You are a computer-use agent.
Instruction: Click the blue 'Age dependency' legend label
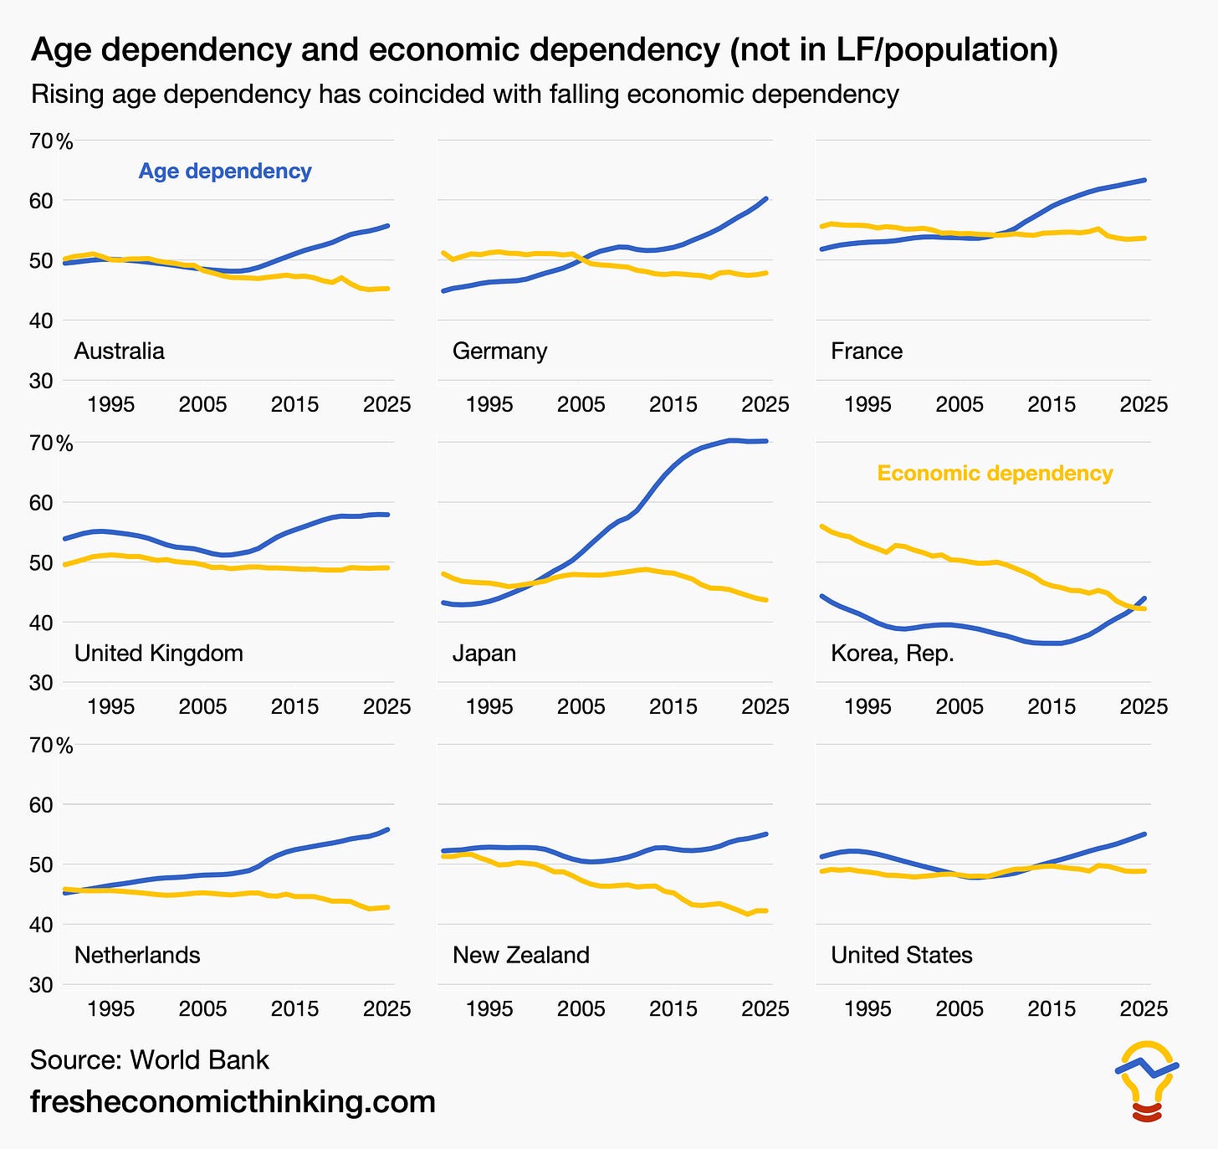[x=225, y=172]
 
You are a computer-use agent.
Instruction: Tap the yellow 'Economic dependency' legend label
[x=995, y=473]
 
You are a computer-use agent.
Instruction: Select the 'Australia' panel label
[x=120, y=351]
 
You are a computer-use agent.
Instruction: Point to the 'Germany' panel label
[x=500, y=351]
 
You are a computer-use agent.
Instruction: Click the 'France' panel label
[x=867, y=351]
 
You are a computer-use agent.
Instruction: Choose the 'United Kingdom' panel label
[x=159, y=653]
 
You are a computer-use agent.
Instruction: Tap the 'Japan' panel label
[x=484, y=654]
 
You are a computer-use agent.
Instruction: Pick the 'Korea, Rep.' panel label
[x=893, y=654]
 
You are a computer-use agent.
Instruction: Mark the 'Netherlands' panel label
[x=137, y=955]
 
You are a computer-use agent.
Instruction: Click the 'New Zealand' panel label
[x=521, y=955]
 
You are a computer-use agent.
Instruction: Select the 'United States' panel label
[x=902, y=955]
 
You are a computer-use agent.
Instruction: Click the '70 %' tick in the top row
[x=51, y=141]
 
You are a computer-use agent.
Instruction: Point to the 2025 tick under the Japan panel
[x=765, y=706]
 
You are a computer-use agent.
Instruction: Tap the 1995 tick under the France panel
[x=867, y=404]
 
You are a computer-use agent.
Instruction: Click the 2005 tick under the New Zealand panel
[x=581, y=1008]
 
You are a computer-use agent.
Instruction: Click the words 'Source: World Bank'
[x=150, y=1060]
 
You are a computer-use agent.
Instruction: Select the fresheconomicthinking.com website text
[x=233, y=1101]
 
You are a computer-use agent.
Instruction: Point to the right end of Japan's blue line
[x=766, y=441]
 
